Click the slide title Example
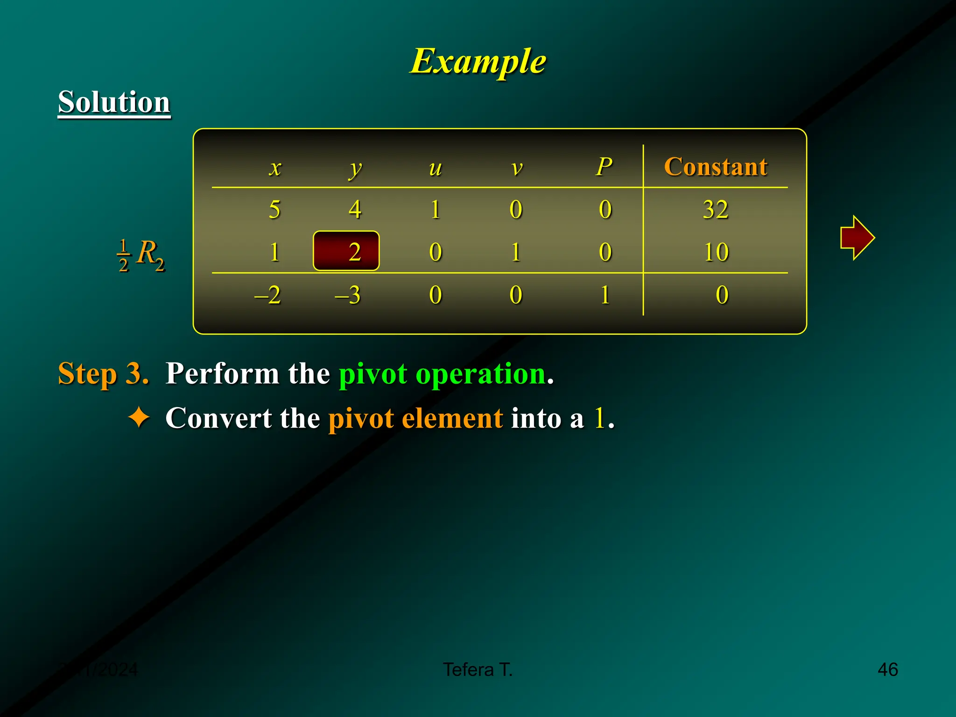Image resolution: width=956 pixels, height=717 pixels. tap(478, 61)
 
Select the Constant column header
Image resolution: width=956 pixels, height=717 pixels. tap(716, 167)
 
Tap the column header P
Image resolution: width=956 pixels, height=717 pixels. tap(604, 167)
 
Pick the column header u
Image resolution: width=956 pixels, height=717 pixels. tap(435, 168)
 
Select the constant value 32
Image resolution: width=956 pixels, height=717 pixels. tap(716, 209)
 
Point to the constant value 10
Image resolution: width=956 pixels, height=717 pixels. tap(716, 252)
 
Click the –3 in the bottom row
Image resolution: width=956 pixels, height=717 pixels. tap(348, 295)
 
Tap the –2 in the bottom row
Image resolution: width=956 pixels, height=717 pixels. tap(267, 295)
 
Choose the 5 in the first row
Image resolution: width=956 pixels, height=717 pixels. tap(274, 209)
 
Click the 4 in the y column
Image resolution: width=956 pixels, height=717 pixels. tap(355, 209)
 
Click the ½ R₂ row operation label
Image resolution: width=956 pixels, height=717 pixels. tap(141, 255)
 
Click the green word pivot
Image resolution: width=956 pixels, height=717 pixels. tap(373, 374)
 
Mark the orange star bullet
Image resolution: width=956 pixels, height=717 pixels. tap(139, 417)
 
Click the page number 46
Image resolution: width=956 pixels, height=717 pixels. tap(887, 669)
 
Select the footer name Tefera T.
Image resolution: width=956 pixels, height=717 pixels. tap(478, 669)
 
